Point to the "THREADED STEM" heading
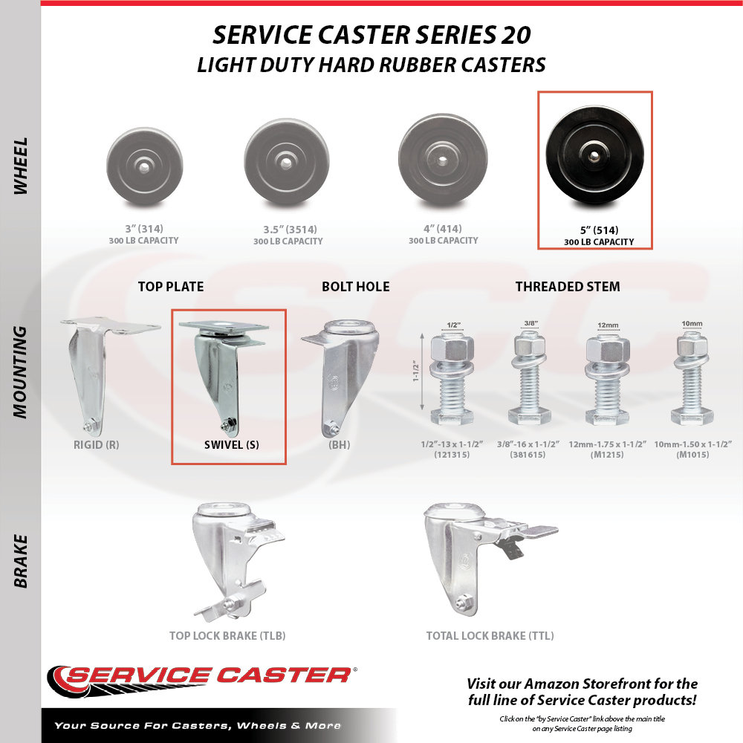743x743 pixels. [x=567, y=287]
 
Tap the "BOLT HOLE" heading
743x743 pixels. [x=355, y=287]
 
